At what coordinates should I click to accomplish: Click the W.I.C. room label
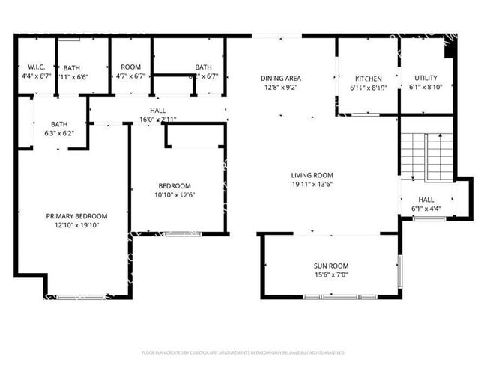click(32, 67)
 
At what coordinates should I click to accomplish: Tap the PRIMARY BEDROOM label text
click(76, 216)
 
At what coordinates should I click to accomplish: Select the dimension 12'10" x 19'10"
click(76, 225)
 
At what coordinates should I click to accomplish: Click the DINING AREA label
click(280, 78)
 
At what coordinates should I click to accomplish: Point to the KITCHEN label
click(368, 79)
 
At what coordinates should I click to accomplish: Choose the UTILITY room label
click(426, 78)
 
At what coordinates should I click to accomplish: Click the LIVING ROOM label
click(312, 176)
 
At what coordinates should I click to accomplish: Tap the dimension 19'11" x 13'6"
click(312, 185)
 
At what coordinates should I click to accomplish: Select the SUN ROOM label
click(330, 266)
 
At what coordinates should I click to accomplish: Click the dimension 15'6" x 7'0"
click(330, 275)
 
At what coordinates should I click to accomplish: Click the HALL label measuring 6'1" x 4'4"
click(426, 200)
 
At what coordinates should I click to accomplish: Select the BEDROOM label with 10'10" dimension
click(174, 186)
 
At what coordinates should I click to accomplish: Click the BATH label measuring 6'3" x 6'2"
click(59, 124)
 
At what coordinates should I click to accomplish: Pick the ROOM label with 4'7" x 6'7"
click(130, 67)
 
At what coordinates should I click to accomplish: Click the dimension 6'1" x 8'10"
click(426, 87)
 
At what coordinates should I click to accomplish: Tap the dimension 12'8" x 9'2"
click(280, 87)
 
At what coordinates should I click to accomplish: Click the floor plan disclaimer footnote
click(243, 352)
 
